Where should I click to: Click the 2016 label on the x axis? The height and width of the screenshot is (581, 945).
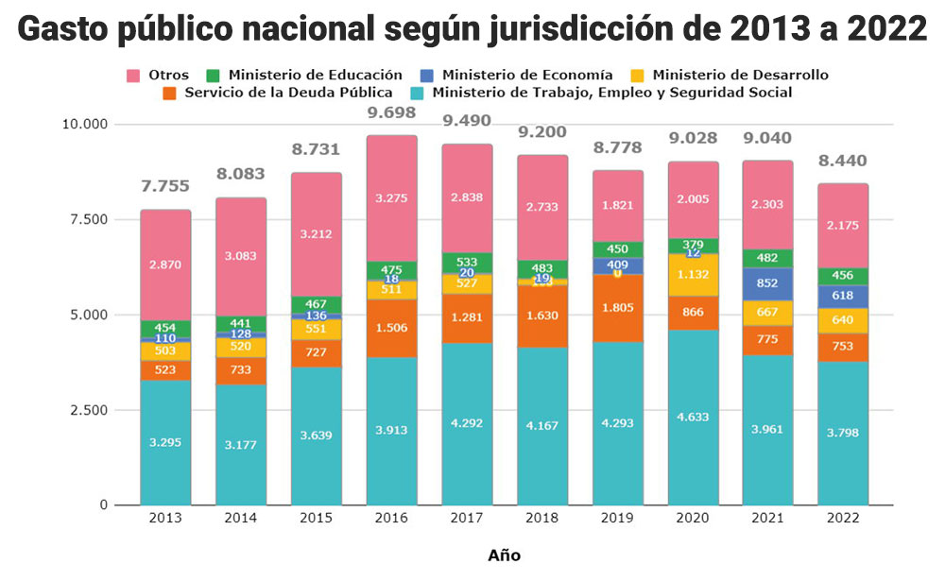click(392, 519)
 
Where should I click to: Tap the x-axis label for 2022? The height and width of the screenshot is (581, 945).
click(843, 519)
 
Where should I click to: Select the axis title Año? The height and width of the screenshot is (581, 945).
click(504, 555)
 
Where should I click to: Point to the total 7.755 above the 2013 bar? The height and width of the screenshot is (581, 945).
click(166, 187)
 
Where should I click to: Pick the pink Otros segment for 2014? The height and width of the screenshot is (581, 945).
click(241, 256)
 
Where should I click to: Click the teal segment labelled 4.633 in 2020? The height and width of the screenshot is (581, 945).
click(693, 417)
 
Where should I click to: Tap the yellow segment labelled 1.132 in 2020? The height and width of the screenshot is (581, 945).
click(693, 275)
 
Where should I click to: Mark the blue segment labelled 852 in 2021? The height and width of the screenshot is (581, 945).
click(768, 283)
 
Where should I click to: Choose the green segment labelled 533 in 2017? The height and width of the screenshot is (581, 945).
click(467, 262)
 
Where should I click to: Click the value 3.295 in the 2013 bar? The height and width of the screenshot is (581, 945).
click(166, 441)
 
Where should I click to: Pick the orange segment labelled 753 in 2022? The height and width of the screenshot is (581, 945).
click(843, 347)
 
